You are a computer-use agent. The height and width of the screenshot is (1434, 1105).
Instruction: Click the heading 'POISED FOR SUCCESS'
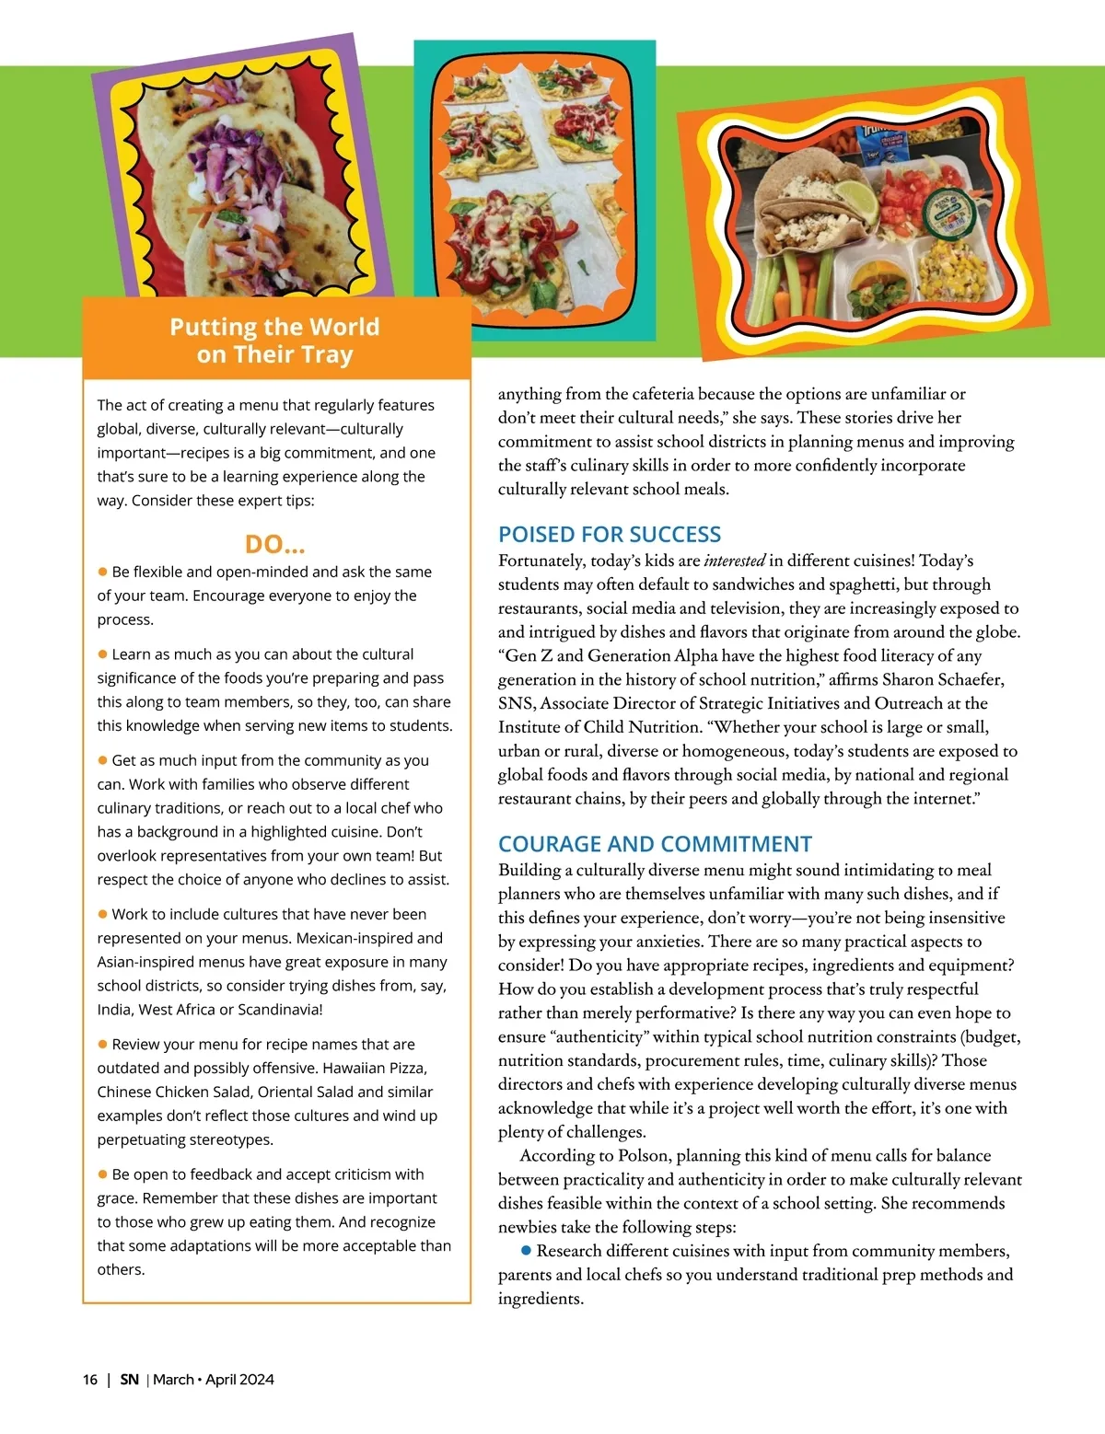point(609,535)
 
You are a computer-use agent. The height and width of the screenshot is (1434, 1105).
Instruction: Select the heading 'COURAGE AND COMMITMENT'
point(655,844)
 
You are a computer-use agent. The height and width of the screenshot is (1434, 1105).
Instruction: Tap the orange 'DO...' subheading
point(274,544)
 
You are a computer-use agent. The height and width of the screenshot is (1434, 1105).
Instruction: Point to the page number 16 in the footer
point(90,1379)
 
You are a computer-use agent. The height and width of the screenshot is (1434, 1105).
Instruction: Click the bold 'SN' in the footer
point(130,1379)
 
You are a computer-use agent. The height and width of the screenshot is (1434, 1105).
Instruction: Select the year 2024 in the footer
point(257,1379)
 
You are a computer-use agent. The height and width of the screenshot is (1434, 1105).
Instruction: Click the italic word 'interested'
point(735,561)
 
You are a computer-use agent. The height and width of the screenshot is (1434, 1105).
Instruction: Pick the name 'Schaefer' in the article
point(966,679)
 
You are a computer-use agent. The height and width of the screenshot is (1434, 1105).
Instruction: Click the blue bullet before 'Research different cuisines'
point(526,1250)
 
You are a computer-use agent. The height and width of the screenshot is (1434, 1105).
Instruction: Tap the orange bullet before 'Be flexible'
point(103,572)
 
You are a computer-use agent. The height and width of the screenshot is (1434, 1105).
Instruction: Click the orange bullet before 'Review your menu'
point(103,1045)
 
